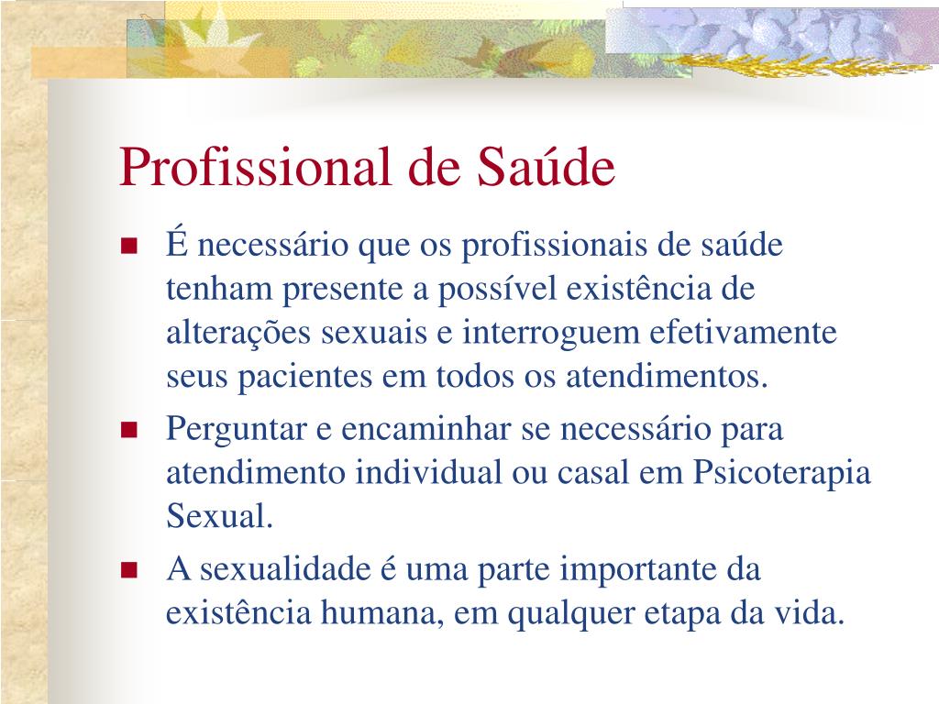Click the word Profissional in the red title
point(256,167)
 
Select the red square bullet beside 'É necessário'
point(129,246)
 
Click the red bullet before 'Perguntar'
point(129,430)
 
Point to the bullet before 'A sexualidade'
point(129,570)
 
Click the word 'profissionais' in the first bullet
point(555,246)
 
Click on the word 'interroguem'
point(551,334)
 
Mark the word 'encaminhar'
point(425,429)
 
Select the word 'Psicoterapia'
point(782,474)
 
